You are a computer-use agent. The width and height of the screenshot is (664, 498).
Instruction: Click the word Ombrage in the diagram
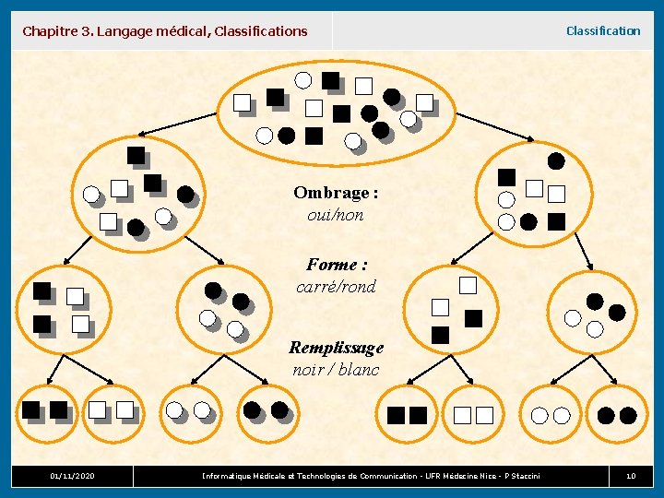(336, 193)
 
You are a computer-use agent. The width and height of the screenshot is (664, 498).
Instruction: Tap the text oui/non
(336, 215)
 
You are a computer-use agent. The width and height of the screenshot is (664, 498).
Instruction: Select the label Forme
(337, 265)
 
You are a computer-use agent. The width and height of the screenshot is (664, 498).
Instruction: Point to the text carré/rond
(336, 287)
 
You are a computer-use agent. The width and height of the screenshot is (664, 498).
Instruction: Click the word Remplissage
(336, 348)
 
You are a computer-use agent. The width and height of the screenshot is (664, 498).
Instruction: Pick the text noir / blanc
(336, 370)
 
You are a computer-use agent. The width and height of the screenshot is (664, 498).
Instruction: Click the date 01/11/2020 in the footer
(72, 476)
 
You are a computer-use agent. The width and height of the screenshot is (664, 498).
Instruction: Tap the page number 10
(631, 476)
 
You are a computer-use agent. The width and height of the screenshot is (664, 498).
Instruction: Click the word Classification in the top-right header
(602, 30)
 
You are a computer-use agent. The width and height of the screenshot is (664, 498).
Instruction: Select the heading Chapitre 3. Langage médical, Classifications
(165, 31)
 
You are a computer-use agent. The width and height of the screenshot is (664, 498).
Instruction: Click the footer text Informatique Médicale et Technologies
(371, 476)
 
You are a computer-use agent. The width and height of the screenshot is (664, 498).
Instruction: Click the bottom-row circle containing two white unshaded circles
(551, 415)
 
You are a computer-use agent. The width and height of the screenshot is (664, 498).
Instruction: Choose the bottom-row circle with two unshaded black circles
(617, 415)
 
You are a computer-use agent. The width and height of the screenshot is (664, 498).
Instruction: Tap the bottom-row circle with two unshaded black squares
(407, 415)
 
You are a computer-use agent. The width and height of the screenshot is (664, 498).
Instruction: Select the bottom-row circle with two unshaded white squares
(473, 415)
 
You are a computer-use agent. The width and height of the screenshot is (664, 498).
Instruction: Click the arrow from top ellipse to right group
(495, 126)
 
